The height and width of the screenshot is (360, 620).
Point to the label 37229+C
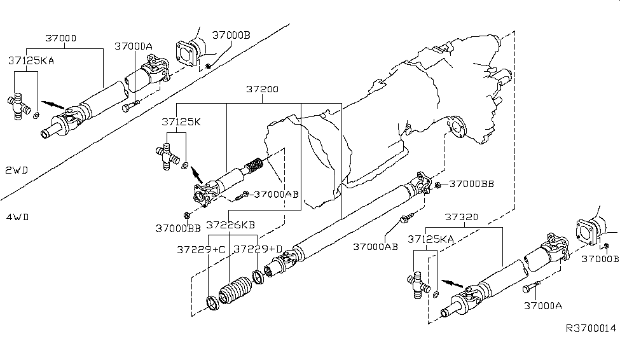(x=201, y=249)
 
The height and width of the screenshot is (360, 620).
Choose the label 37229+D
(x=258, y=249)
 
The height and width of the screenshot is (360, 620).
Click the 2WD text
(x=18, y=170)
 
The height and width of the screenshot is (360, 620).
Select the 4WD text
(x=18, y=217)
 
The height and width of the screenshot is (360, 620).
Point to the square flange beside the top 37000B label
(x=186, y=53)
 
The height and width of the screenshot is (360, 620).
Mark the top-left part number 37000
(x=61, y=38)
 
